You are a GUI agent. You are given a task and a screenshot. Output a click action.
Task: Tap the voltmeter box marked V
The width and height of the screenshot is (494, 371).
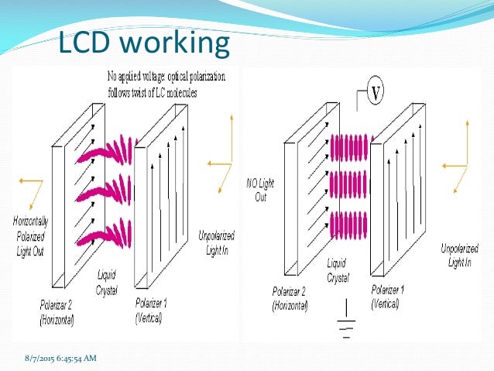click(x=376, y=93)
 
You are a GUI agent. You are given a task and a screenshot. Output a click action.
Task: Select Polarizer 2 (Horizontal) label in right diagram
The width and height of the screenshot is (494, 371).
click(x=290, y=297)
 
